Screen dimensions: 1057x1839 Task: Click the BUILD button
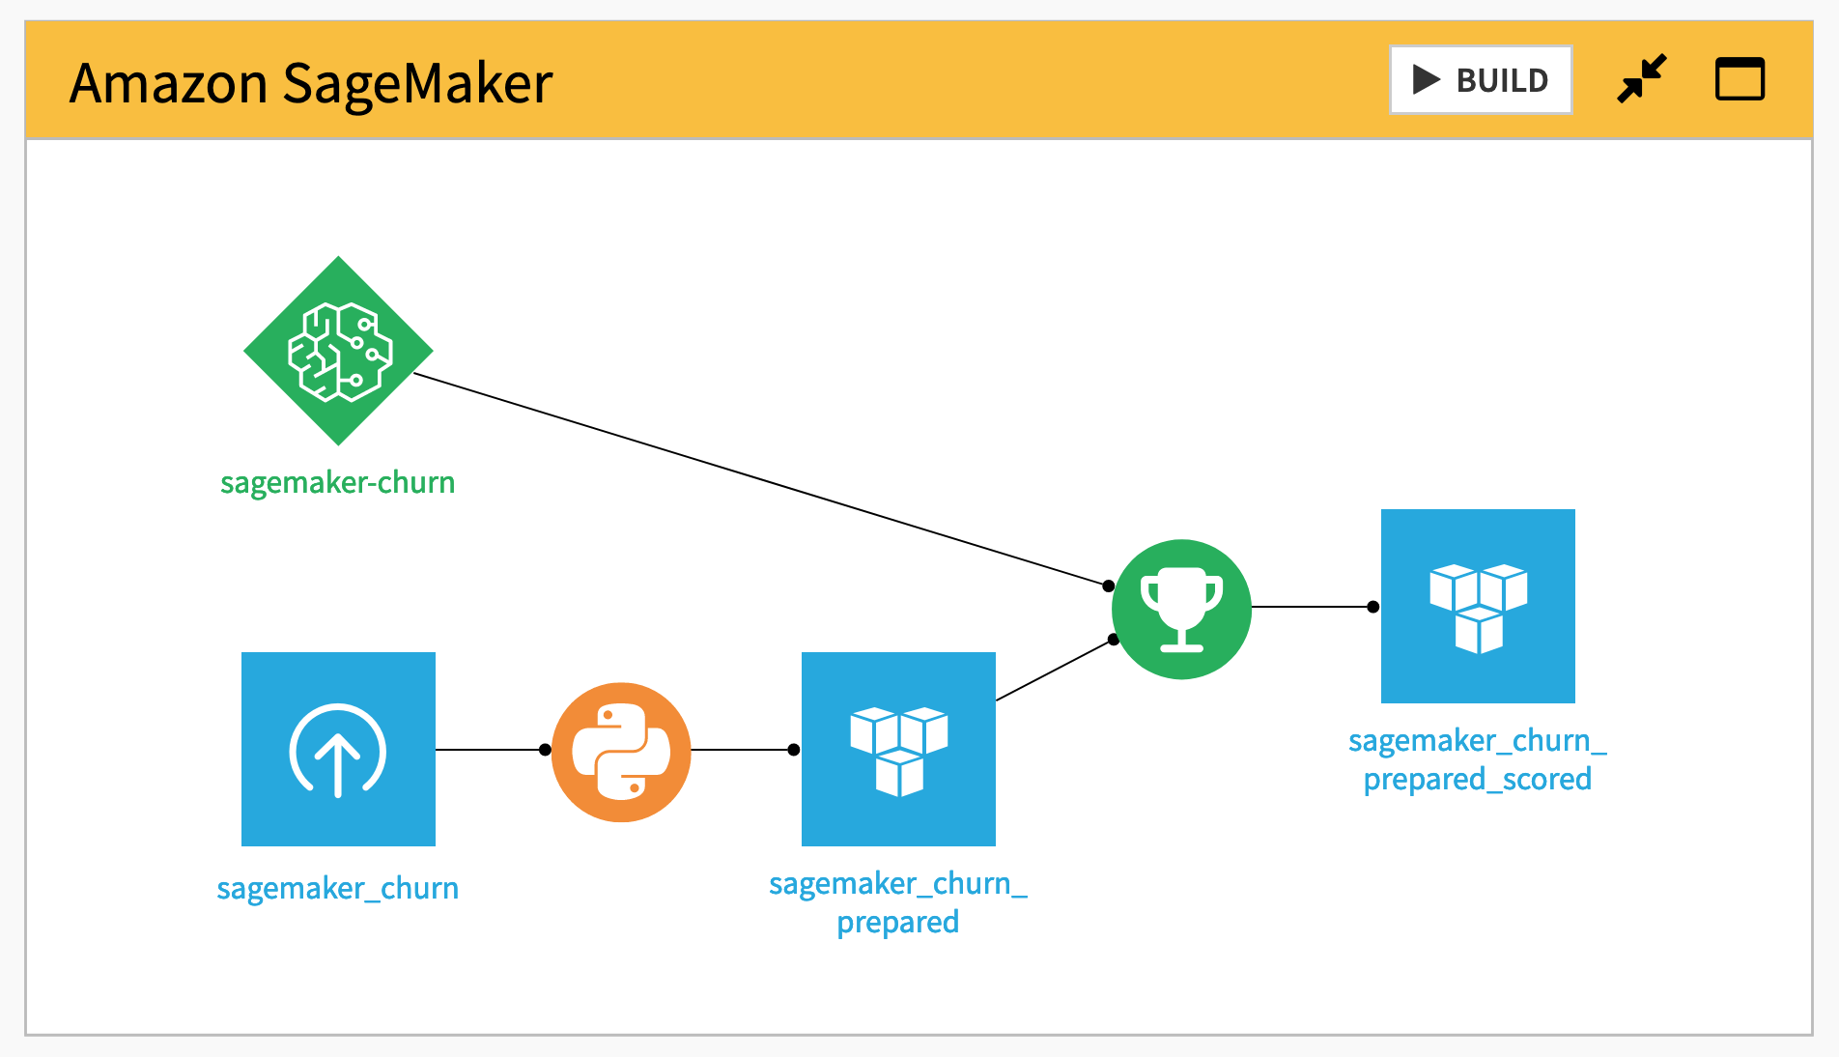(1481, 80)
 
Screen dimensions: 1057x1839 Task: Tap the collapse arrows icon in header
(1641, 79)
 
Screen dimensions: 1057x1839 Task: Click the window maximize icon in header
(1740, 79)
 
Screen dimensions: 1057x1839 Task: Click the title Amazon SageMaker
(311, 83)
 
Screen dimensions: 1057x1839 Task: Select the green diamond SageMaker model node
(338, 351)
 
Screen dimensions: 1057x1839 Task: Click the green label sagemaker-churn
(337, 482)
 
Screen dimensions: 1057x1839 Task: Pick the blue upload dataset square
(338, 749)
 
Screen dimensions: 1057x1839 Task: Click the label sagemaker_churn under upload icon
(337, 888)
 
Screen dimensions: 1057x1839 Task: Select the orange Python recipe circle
(621, 752)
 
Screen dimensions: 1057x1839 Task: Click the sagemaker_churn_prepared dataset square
(898, 749)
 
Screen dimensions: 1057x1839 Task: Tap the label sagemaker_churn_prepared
(897, 902)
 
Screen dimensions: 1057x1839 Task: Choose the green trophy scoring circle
(1181, 609)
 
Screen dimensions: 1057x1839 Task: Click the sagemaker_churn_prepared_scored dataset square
(1478, 606)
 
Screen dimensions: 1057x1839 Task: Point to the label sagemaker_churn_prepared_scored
(1477, 759)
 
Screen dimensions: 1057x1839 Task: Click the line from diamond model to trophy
(761, 480)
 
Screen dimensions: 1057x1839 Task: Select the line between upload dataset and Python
(490, 750)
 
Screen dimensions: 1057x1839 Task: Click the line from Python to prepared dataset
(742, 750)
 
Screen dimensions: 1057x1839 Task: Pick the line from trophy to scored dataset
(1312, 607)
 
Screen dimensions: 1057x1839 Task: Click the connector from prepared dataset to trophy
(1055, 670)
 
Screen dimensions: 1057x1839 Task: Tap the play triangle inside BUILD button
(1427, 79)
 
